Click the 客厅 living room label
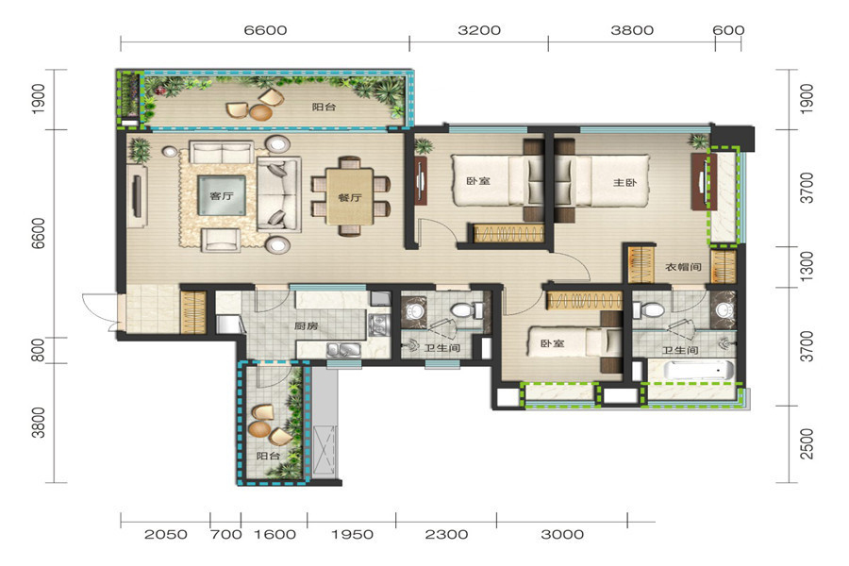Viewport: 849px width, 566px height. [221, 195]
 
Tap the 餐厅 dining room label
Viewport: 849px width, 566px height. [350, 198]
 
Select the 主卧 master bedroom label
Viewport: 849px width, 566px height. [624, 182]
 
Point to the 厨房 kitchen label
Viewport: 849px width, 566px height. [306, 326]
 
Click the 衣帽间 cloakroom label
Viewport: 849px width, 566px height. [683, 266]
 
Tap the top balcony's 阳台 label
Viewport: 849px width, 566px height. [324, 107]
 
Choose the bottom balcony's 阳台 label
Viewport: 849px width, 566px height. [268, 456]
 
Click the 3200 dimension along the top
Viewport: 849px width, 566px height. [479, 30]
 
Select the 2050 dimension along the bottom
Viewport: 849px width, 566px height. [166, 535]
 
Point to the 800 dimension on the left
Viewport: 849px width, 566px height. [38, 350]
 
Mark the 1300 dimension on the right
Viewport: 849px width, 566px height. [807, 266]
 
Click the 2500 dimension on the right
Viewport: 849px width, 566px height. [807, 444]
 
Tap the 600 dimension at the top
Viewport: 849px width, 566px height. [728, 30]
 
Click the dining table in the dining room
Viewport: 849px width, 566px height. [350, 196]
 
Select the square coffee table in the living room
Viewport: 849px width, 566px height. [222, 195]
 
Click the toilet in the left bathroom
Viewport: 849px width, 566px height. [466, 310]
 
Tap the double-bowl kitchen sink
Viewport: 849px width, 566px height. [343, 350]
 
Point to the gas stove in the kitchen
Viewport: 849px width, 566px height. [378, 325]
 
